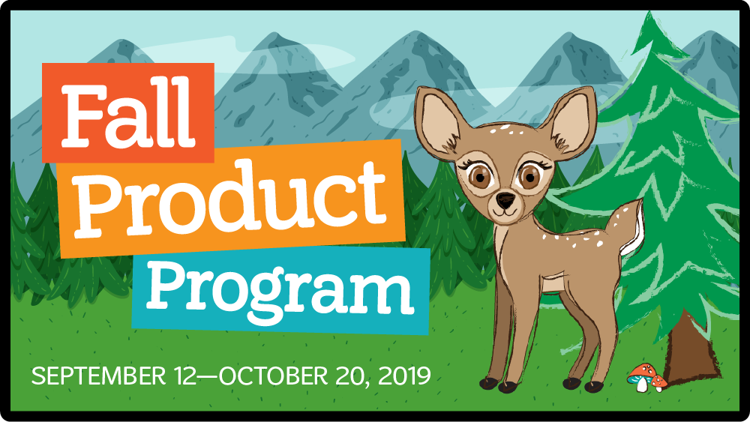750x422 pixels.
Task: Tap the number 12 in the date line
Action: coord(178,376)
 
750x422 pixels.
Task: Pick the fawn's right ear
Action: coord(569,118)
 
